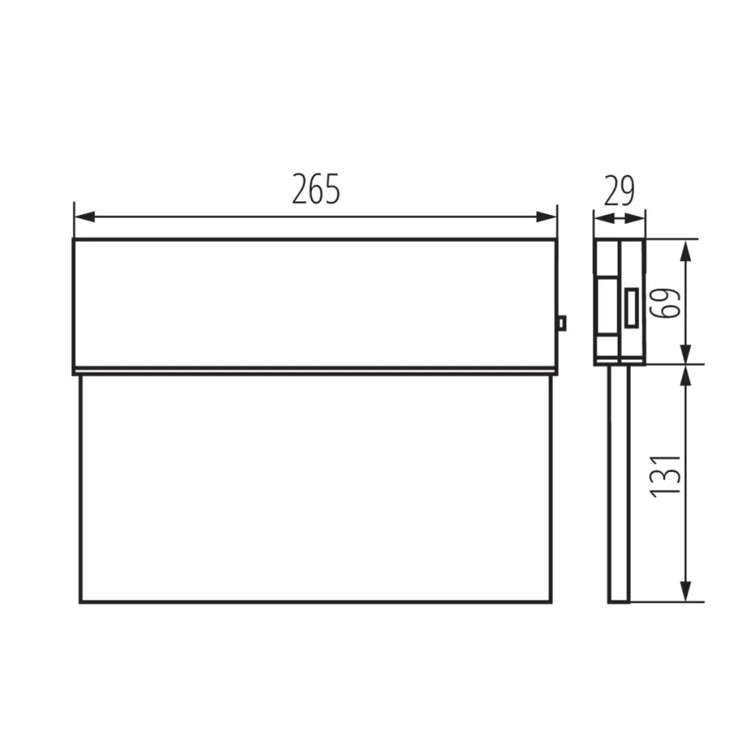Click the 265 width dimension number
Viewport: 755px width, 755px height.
coord(316,189)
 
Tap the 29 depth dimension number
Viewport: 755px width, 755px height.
coord(619,190)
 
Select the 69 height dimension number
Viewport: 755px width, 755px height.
coord(666,303)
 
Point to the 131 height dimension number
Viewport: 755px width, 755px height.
coord(666,476)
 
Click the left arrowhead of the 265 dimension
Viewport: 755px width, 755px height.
coord(85,217)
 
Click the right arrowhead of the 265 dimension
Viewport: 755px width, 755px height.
coord(546,217)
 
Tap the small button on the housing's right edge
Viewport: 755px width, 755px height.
coord(561,323)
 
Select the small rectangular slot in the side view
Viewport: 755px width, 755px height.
coord(631,308)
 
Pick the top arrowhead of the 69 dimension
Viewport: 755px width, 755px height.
coord(686,251)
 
